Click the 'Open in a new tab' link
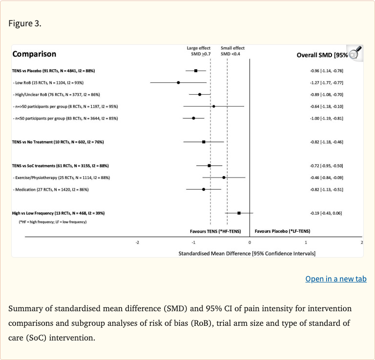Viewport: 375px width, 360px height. (335, 279)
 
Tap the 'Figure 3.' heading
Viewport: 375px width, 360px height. (25, 24)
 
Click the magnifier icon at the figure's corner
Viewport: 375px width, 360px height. (356, 52)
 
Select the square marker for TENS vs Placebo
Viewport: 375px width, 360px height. (196, 71)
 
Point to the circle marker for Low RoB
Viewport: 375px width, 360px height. (178, 82)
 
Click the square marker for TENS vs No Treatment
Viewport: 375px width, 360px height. (204, 142)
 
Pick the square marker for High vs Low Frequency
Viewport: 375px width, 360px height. (239, 213)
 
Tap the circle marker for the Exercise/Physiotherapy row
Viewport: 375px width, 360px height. (224, 178)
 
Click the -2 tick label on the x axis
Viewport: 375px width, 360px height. (137, 242)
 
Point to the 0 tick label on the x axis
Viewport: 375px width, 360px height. (250, 242)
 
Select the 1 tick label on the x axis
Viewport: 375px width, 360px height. (306, 242)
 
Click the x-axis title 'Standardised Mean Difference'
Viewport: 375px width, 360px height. (247, 253)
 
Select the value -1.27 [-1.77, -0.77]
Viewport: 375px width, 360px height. (327, 82)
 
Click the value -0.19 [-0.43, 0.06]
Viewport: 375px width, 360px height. (327, 213)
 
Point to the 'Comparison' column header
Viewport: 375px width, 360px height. (34, 54)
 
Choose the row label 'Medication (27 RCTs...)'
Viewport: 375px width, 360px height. (51, 189)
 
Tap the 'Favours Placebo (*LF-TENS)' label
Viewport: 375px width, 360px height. (282, 231)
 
